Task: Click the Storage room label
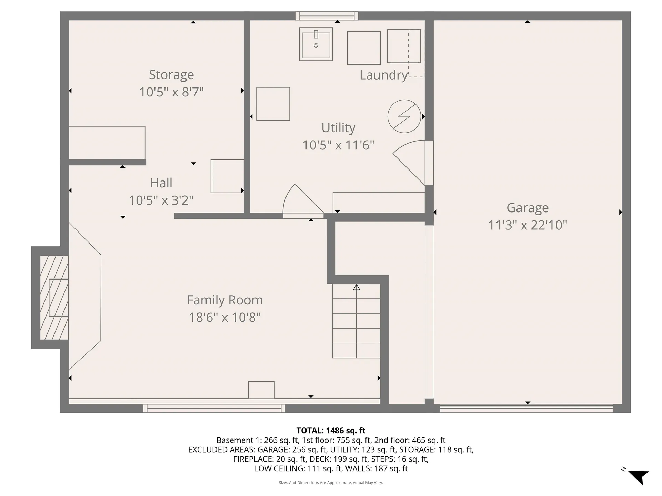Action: tap(171, 75)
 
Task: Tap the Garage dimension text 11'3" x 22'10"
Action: tap(528, 225)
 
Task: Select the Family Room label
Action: tap(225, 300)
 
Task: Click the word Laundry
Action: tap(383, 75)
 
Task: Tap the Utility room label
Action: tap(338, 128)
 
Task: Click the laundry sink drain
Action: tap(316, 45)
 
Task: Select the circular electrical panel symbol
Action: tap(404, 116)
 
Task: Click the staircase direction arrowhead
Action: tap(357, 287)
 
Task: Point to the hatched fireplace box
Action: tap(54, 298)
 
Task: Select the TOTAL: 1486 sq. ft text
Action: tap(331, 431)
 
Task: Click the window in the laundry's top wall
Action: tap(327, 16)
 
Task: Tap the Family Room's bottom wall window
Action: tap(214, 409)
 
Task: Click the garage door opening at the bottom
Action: tap(526, 409)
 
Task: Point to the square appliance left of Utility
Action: tap(273, 104)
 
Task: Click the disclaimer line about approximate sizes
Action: tap(331, 483)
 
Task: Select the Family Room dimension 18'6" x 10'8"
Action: tap(225, 317)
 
